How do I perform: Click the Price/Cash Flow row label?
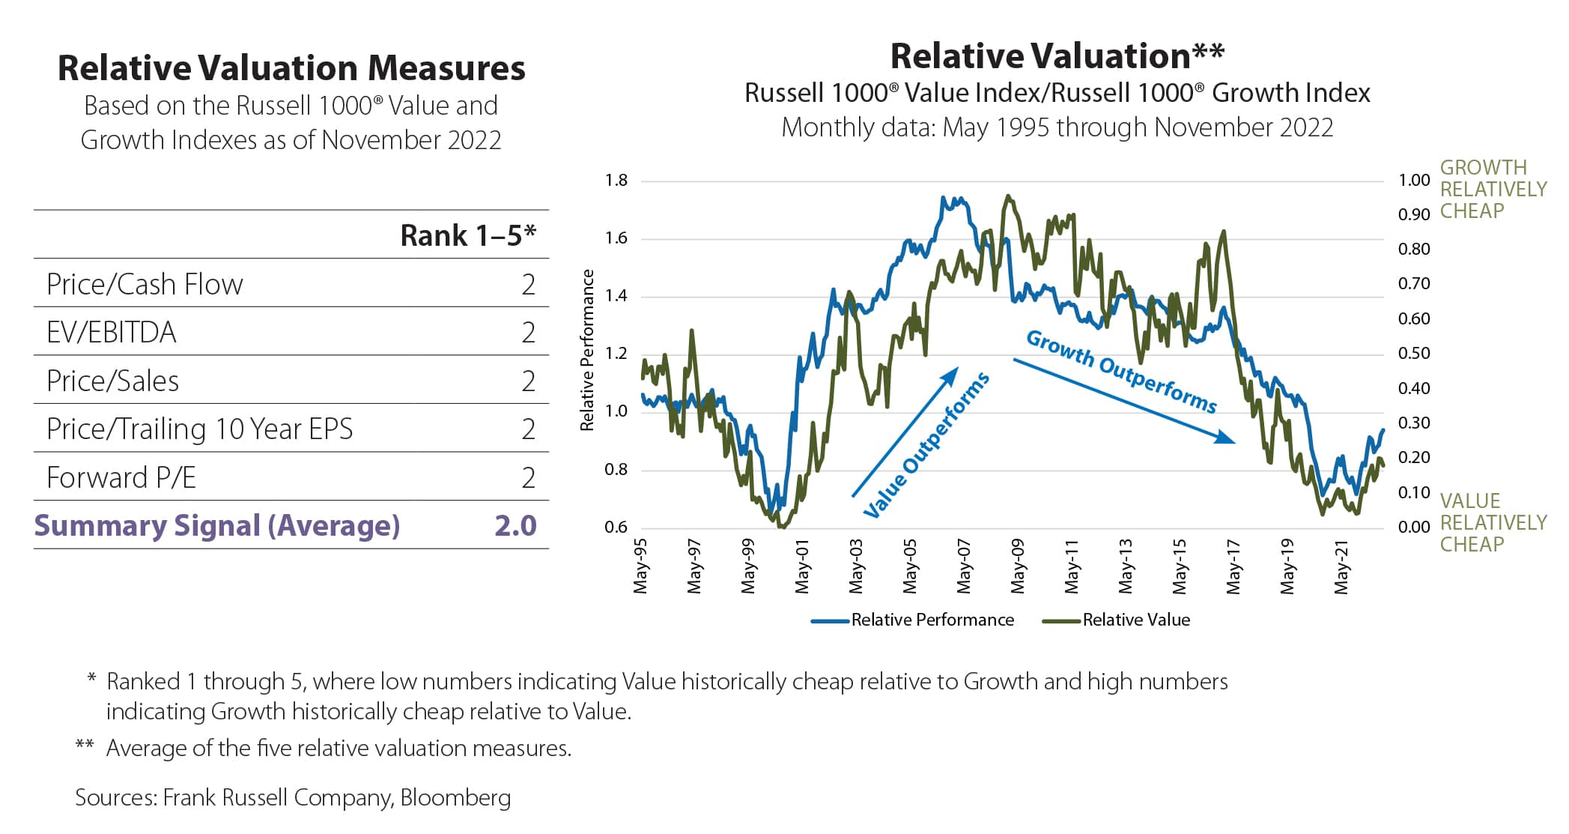pos(145,285)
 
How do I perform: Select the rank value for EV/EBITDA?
pos(528,333)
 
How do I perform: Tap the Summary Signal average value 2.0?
pos(515,526)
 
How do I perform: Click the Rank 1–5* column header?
pos(468,235)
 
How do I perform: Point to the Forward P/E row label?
pos(121,478)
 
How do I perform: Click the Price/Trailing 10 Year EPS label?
pos(199,429)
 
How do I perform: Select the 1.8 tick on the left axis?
pos(616,181)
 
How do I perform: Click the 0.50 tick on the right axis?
pos(1413,353)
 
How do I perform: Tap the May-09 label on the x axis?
pos(1017,566)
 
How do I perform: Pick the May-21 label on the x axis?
pos(1341,566)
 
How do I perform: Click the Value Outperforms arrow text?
pos(927,445)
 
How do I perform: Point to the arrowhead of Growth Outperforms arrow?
pos(1225,438)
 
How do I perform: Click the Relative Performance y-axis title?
pos(587,350)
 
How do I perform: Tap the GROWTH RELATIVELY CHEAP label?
pos(1493,189)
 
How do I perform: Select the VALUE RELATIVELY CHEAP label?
pos(1493,522)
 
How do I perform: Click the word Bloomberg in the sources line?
pos(455,797)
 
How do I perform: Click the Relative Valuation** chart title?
pos(1057,56)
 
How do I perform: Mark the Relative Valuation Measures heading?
pos(291,68)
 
